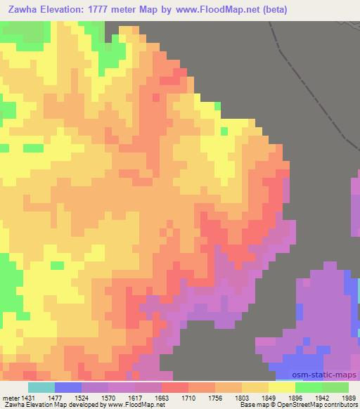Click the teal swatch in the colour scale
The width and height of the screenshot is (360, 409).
[41, 387]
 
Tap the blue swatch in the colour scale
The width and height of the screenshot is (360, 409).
[68, 387]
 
